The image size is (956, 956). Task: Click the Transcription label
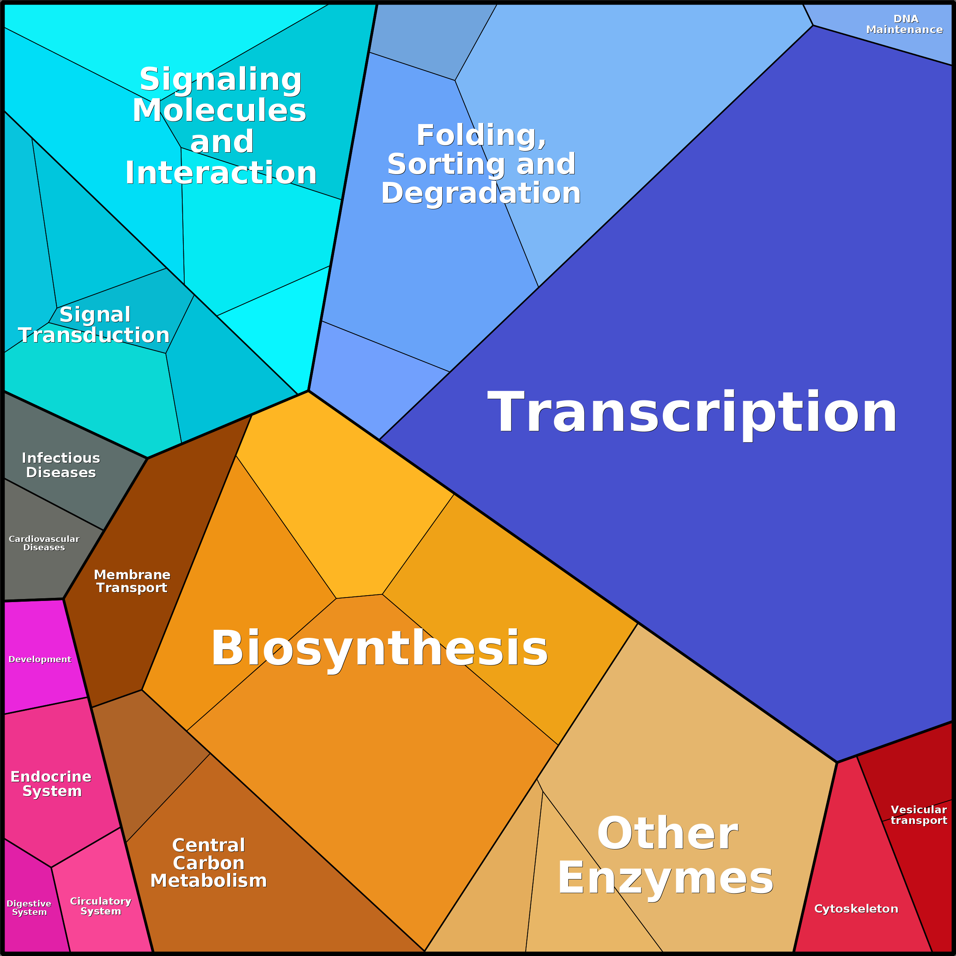692,413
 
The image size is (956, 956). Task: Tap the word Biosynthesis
379,648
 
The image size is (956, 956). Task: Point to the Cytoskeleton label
856,908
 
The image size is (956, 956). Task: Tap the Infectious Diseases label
61,465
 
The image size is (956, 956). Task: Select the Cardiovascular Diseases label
44,543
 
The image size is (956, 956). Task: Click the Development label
40,659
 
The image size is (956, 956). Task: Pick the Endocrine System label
51,784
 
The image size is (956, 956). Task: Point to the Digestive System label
29,908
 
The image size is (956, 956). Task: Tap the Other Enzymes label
666,856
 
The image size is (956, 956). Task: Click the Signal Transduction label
94,325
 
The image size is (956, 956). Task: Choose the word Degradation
481,193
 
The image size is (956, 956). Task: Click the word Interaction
221,173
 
